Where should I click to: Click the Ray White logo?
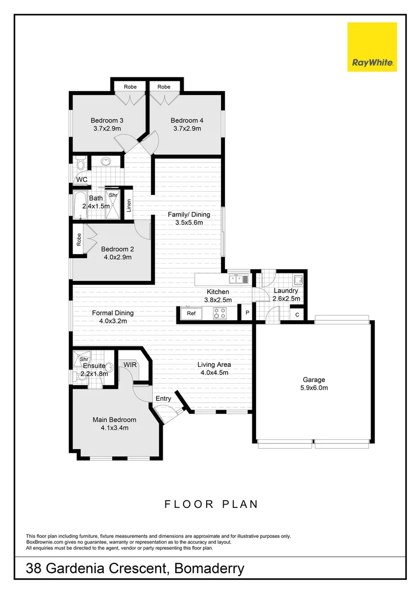coord(372,47)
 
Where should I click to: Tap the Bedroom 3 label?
coord(107,121)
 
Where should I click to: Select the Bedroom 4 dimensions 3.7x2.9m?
coord(186,129)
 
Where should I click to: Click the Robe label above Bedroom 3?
coord(130,87)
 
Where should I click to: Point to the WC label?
coord(82,180)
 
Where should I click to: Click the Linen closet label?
coord(129,205)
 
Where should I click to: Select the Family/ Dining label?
coord(189,215)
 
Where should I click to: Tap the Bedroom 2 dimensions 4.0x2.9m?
coord(117,257)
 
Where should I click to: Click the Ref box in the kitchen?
coord(191,314)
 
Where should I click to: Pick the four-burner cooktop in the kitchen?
coord(220,314)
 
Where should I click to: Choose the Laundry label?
coord(286,290)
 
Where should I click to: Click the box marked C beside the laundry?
coord(297,315)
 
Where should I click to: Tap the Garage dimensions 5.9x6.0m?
coord(314,388)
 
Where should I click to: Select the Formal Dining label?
coord(112,313)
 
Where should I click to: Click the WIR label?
coord(130,364)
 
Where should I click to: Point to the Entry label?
coord(163,399)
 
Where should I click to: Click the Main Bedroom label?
coord(114,419)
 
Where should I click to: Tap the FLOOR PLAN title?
coord(211,504)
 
